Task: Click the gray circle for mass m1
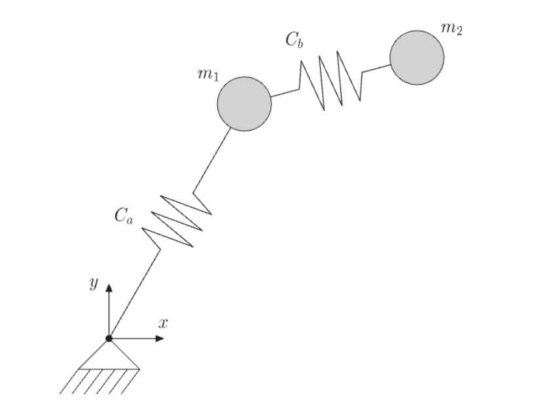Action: tap(244, 104)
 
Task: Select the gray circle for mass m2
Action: tap(417, 57)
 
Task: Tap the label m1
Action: tap(208, 75)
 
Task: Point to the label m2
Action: tap(452, 29)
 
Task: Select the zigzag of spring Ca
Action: tap(177, 219)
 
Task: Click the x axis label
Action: tap(163, 322)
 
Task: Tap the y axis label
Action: tap(94, 282)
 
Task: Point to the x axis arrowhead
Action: tap(159, 338)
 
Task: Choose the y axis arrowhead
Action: tap(109, 287)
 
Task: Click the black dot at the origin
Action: tap(109, 338)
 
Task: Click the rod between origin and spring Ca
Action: tap(134, 292)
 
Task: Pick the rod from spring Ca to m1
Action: tap(213, 157)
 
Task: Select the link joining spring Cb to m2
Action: tap(376, 67)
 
